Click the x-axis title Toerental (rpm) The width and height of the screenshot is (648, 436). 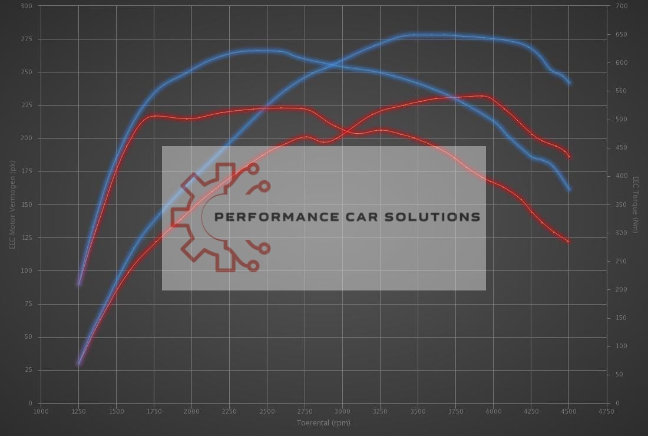(323, 422)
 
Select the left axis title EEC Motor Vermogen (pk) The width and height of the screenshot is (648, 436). (12, 204)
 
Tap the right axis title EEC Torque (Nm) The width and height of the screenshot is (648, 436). (636, 204)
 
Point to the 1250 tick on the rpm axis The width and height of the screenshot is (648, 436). (78, 411)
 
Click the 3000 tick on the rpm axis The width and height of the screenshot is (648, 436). (342, 411)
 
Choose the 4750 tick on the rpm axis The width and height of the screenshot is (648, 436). (606, 411)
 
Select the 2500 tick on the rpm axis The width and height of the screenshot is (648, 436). (267, 411)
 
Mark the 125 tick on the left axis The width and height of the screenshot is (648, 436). (28, 238)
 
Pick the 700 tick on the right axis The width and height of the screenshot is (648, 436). (621, 6)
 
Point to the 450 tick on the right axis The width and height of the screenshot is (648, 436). (621, 148)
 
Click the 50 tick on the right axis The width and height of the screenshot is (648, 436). (620, 375)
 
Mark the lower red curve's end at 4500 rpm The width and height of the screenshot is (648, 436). (569, 242)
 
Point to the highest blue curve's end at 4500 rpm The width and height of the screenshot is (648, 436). (569, 83)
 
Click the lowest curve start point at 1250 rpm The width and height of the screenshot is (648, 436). (78, 363)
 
